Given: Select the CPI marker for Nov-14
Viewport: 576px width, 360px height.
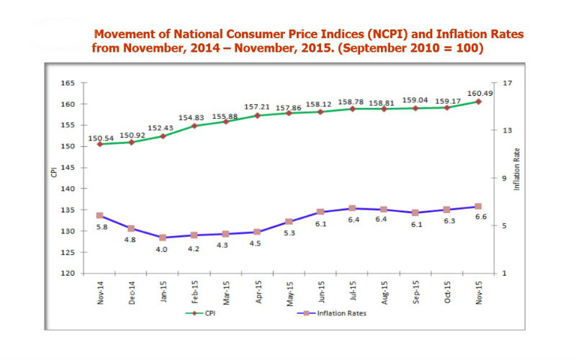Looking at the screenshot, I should click(99, 144).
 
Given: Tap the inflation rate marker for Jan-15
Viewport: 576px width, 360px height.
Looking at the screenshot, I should click(163, 238).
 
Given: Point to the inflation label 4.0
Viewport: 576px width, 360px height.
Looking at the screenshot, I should click(163, 249).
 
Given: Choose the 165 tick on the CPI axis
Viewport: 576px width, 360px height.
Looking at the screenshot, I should click(68, 84).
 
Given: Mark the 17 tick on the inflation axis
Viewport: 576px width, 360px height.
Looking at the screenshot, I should click(507, 84).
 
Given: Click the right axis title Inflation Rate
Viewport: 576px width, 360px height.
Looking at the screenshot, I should click(516, 170).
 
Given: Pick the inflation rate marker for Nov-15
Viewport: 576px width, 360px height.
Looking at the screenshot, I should click(478, 207).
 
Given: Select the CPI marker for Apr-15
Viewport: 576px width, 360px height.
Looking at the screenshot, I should click(257, 115).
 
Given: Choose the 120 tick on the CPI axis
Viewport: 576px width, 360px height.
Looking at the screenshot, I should click(68, 274).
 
